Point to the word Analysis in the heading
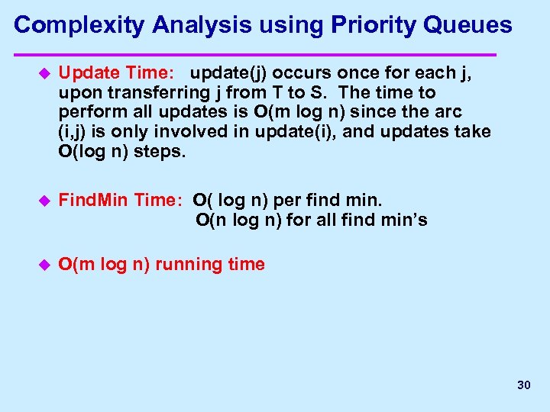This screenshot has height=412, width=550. (201, 25)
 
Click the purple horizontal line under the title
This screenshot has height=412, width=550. (256, 55)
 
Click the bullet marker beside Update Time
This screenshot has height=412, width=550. (43, 73)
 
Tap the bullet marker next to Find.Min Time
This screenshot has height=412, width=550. (43, 201)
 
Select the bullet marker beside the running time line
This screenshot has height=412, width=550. (43, 265)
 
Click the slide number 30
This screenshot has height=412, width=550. (523, 385)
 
